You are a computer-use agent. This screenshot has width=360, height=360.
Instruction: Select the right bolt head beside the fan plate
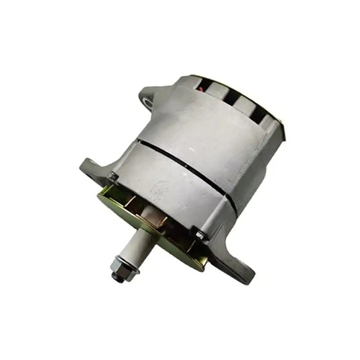[199, 233]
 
